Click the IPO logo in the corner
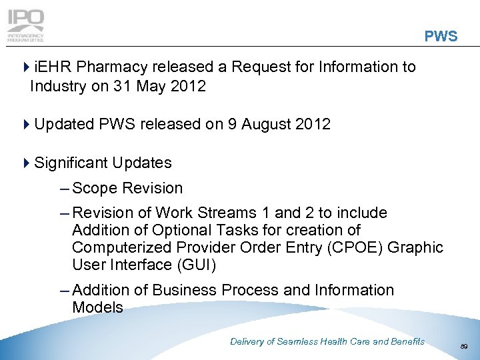pyautogui.click(x=25, y=25)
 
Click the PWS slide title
pyautogui.click(x=441, y=37)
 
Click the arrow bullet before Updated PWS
pyautogui.click(x=26, y=125)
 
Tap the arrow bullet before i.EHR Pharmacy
pyautogui.click(x=26, y=67)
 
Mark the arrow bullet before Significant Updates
pyautogui.click(x=26, y=163)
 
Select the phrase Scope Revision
pyautogui.click(x=127, y=188)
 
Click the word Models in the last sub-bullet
pyautogui.click(x=97, y=307)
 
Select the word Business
pyautogui.click(x=183, y=290)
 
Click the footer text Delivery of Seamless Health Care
pyautogui.click(x=327, y=341)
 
